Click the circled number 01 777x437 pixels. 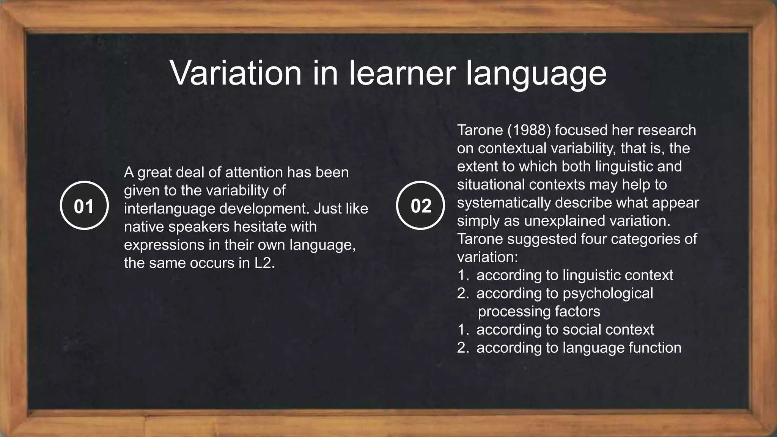(x=84, y=206)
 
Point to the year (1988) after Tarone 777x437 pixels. (x=529, y=130)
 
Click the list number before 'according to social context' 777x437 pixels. (x=463, y=329)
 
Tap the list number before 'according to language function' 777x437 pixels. (x=463, y=347)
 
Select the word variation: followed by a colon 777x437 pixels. (x=488, y=257)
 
